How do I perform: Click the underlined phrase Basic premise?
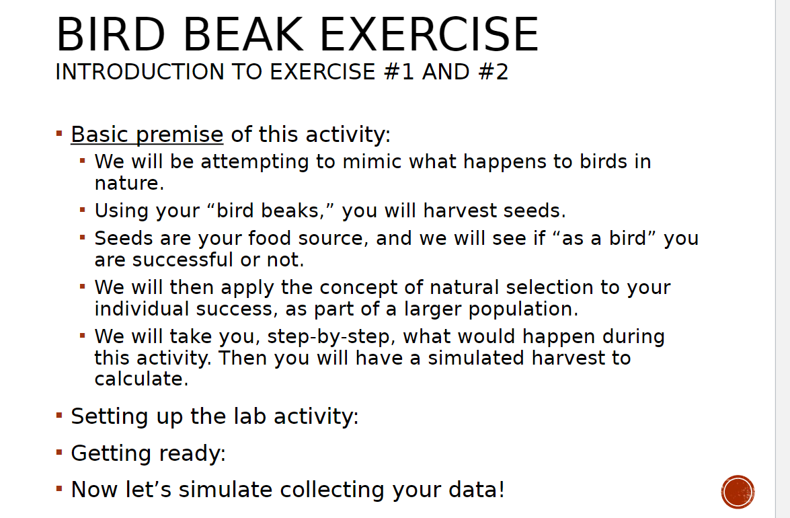(x=147, y=135)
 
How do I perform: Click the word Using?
(x=122, y=211)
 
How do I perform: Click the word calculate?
(x=139, y=379)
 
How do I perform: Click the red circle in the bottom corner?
(x=738, y=492)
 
